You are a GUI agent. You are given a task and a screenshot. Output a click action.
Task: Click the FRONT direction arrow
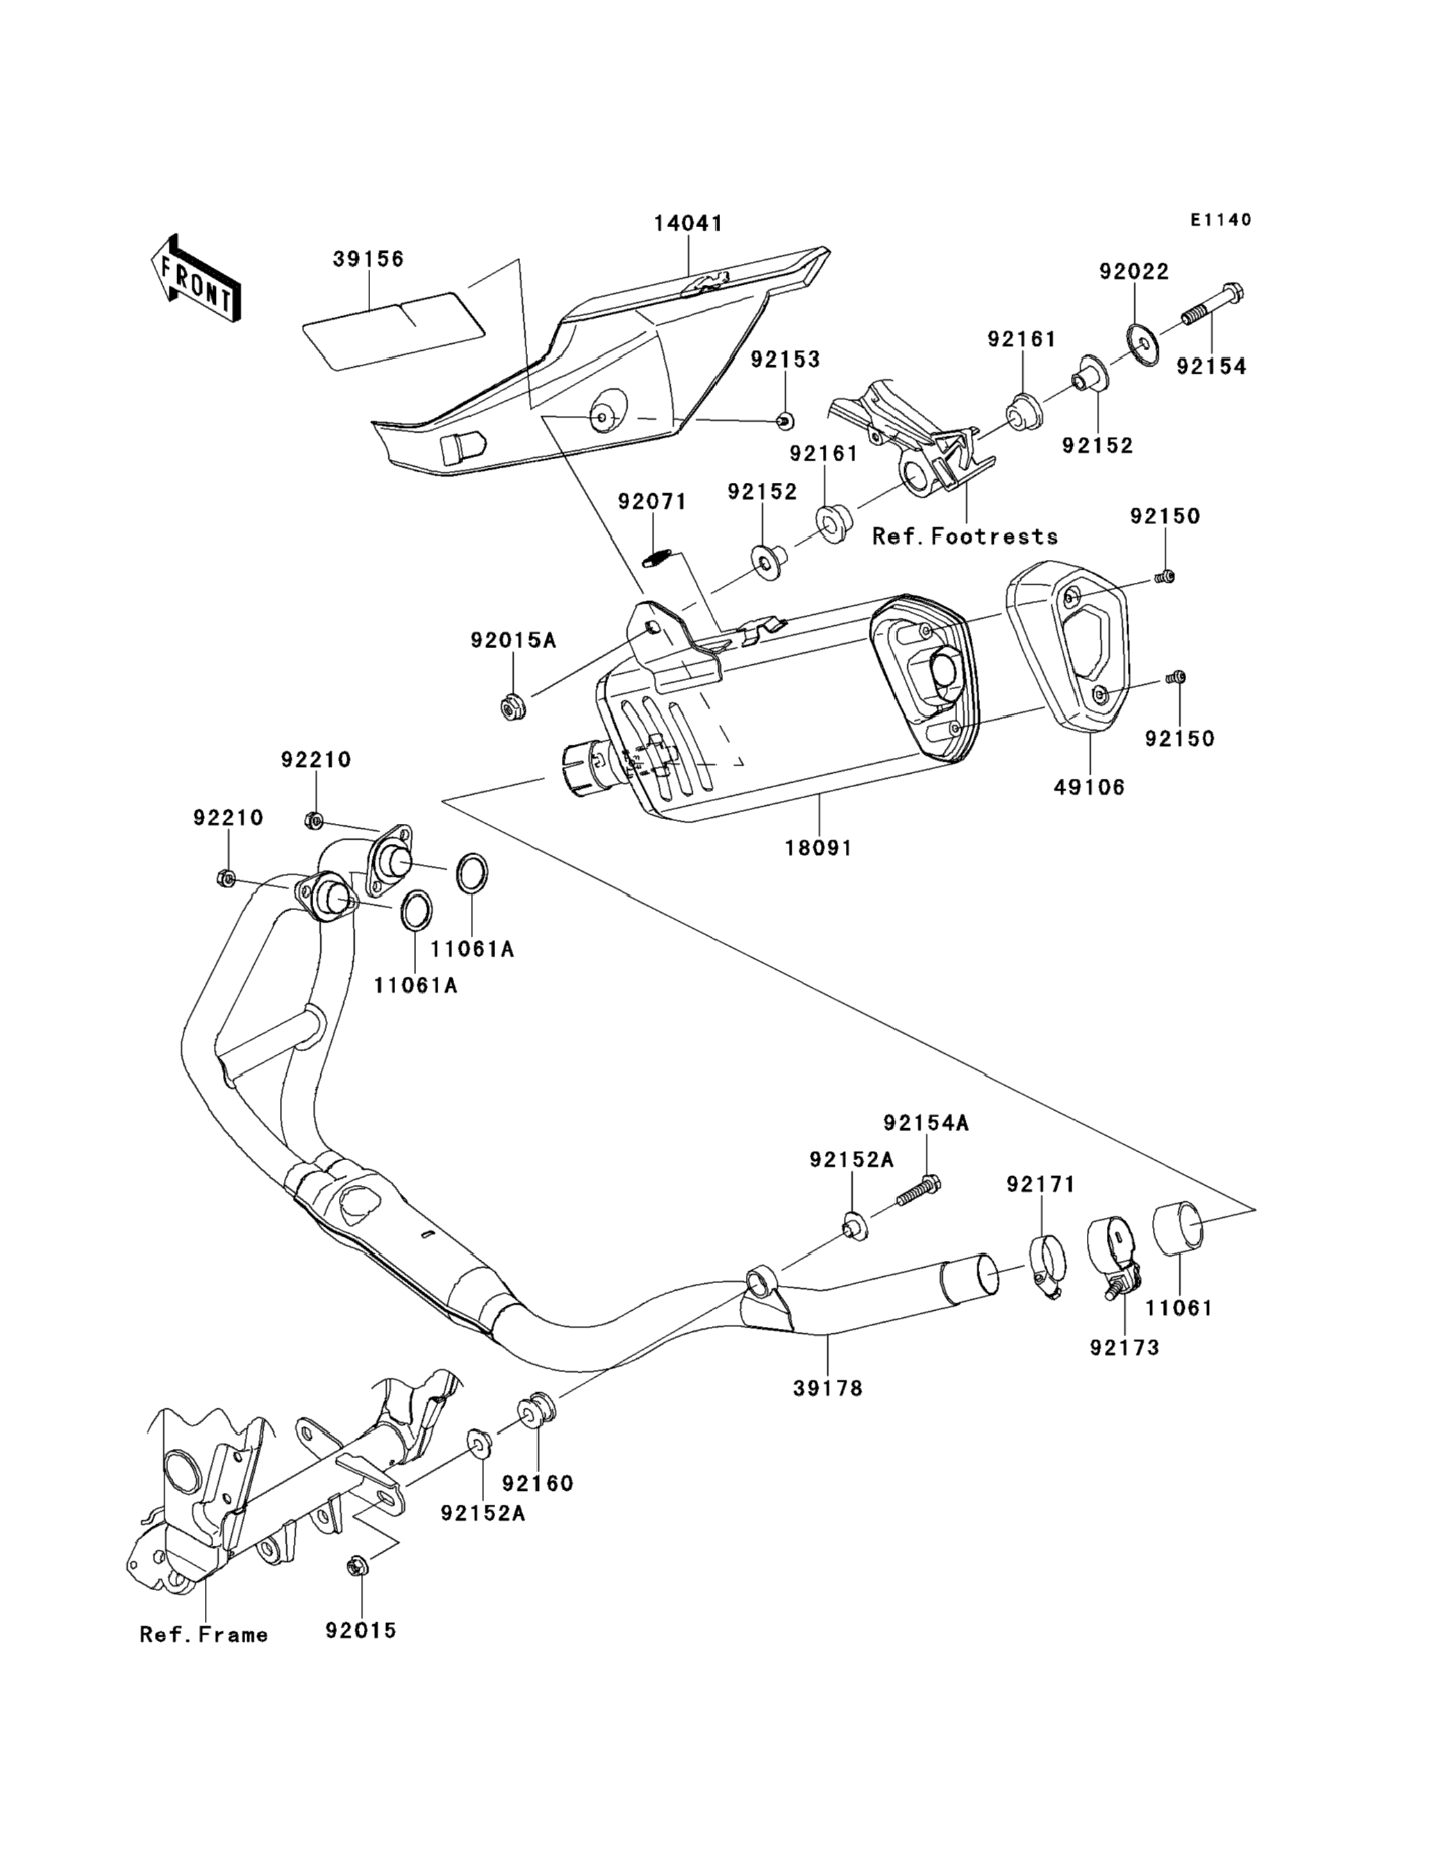(194, 278)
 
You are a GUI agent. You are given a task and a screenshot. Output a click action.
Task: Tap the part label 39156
(368, 259)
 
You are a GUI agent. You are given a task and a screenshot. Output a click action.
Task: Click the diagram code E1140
(1221, 220)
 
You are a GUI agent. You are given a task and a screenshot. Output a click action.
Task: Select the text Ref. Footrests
(965, 536)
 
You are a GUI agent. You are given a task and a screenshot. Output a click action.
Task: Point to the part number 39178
(828, 1388)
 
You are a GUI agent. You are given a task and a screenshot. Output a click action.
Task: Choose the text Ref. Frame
(203, 1635)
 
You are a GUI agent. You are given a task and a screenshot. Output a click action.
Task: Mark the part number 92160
(537, 1482)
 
